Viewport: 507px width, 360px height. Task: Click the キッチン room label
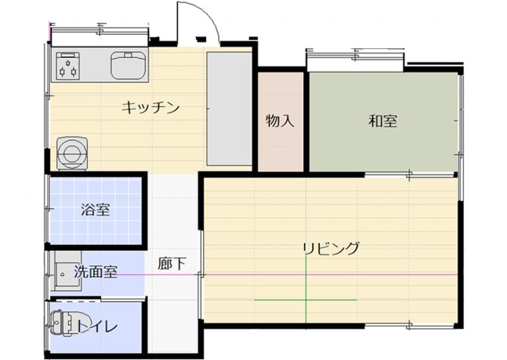pos(150,107)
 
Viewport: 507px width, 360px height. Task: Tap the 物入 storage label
pos(280,121)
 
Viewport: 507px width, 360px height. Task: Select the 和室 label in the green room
pos(383,121)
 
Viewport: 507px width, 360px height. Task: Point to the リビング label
pos(331,248)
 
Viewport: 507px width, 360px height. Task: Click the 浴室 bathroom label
pos(96,210)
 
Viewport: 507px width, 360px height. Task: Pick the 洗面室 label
pos(96,271)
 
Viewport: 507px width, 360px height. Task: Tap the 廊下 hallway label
pos(171,264)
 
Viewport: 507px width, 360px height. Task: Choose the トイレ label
pos(97,326)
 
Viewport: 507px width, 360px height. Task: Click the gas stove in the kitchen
pos(68,66)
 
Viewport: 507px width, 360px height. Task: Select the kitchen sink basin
pos(129,66)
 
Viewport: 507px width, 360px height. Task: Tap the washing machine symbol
pos(72,153)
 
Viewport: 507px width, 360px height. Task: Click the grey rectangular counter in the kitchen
pos(229,109)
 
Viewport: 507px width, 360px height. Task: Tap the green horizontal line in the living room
pos(305,300)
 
